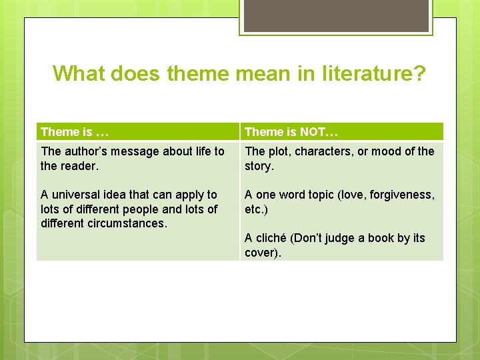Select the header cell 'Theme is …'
pyautogui.click(x=74, y=132)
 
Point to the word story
pyautogui.click(x=258, y=166)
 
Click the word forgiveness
pyautogui.click(x=403, y=195)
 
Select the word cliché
pyautogui.click(x=270, y=238)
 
